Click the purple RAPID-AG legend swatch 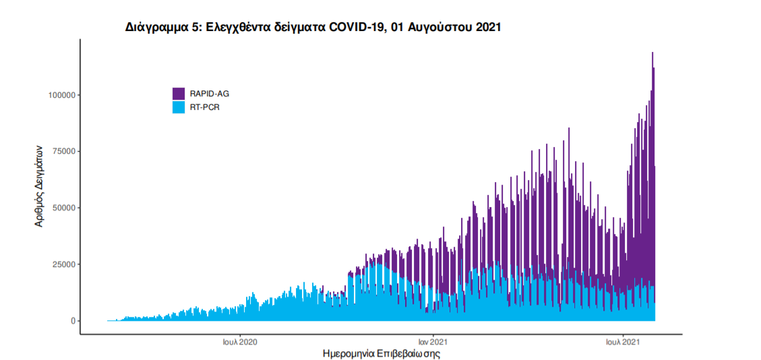click(x=179, y=94)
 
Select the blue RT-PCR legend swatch click(x=179, y=107)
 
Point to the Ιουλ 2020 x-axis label click(x=240, y=342)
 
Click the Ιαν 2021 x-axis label click(x=431, y=342)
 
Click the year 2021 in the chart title click(x=486, y=28)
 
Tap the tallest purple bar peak click(x=652, y=53)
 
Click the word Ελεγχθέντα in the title click(x=233, y=28)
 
